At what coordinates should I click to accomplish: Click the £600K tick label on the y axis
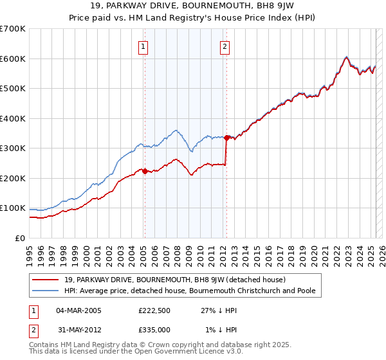pyautogui.click(x=13, y=59)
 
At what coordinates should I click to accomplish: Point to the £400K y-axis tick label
pyautogui.click(x=13, y=118)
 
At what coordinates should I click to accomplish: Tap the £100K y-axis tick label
pyautogui.click(x=13, y=208)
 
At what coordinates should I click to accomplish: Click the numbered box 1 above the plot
pyautogui.click(x=142, y=46)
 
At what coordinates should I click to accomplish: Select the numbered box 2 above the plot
pyautogui.click(x=225, y=46)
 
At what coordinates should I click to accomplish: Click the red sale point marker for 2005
pyautogui.click(x=145, y=171)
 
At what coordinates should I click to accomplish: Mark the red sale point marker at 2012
pyautogui.click(x=227, y=138)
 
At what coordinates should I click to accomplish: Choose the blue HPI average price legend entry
pyautogui.click(x=189, y=291)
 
